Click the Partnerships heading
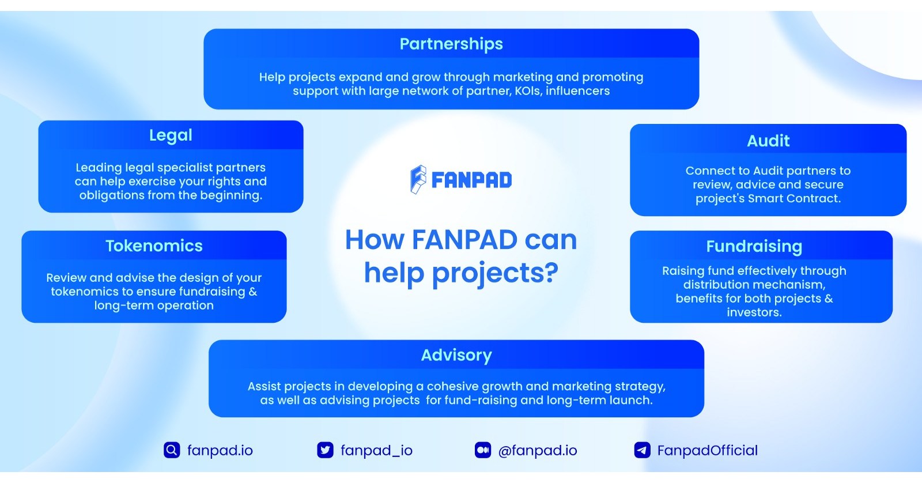click(451, 44)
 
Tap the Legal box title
click(171, 135)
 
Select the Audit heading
click(768, 141)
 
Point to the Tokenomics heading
click(154, 246)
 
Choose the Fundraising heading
click(754, 246)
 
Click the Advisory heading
click(456, 355)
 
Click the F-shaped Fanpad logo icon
click(418, 179)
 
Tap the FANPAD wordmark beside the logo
click(471, 180)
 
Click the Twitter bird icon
click(326, 450)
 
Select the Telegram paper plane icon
click(642, 450)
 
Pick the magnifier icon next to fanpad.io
click(172, 450)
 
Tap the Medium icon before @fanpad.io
click(483, 450)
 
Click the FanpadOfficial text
click(708, 450)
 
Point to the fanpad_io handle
click(376, 450)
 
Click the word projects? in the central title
click(495, 273)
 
